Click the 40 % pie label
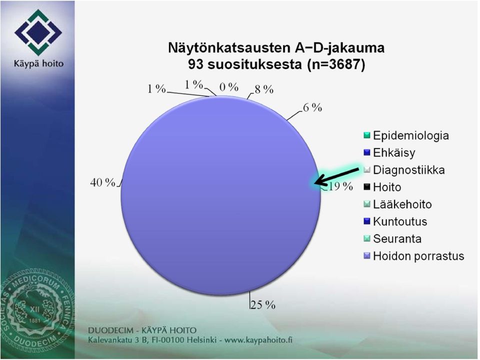point(103,182)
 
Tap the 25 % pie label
point(263,305)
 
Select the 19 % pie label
point(339,186)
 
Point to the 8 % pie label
point(264,89)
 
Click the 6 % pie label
point(312,107)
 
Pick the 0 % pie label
point(229,87)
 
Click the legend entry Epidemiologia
point(406,135)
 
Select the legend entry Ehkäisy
point(389,152)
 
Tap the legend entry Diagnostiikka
point(404,169)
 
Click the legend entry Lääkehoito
point(397,204)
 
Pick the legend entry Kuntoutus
point(395,221)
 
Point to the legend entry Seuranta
point(392,238)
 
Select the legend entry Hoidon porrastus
point(414,255)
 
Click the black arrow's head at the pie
point(315,183)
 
